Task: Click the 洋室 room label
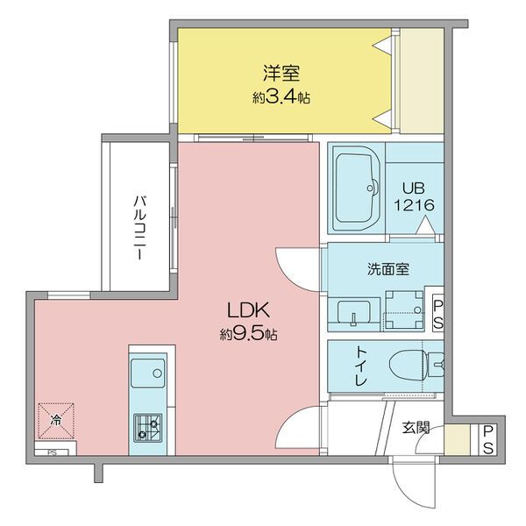click(281, 74)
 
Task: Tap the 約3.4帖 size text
click(281, 97)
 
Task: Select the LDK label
click(249, 310)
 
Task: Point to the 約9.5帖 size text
click(249, 334)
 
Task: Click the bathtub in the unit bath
click(356, 188)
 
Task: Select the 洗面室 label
click(388, 269)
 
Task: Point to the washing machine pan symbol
click(404, 309)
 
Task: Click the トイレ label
click(361, 366)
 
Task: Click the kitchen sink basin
click(147, 373)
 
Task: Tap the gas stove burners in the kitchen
click(147, 429)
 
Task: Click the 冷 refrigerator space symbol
click(56, 421)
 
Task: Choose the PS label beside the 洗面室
click(437, 316)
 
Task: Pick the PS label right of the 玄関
click(487, 440)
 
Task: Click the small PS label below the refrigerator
click(52, 453)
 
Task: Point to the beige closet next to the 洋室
click(422, 81)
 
